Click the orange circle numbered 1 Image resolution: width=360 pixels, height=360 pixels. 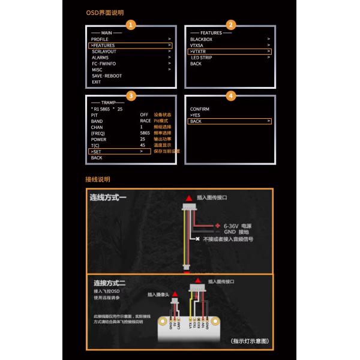(130, 25)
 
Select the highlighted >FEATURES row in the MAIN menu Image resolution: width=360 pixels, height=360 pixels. (130, 45)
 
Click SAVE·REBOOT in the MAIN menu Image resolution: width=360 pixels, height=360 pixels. (106, 76)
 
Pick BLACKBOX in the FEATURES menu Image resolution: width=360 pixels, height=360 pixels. (201, 39)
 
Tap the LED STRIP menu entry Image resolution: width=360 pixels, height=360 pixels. (203, 57)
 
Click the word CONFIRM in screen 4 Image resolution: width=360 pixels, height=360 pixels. (200, 109)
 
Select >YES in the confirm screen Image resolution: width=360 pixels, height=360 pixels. (196, 115)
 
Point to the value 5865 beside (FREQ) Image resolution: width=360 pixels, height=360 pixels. (145, 133)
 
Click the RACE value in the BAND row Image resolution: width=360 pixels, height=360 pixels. (145, 121)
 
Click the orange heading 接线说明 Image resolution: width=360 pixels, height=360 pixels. (98, 179)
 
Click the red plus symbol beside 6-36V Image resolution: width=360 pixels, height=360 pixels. (217, 226)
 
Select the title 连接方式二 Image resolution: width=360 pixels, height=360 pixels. (109, 283)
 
